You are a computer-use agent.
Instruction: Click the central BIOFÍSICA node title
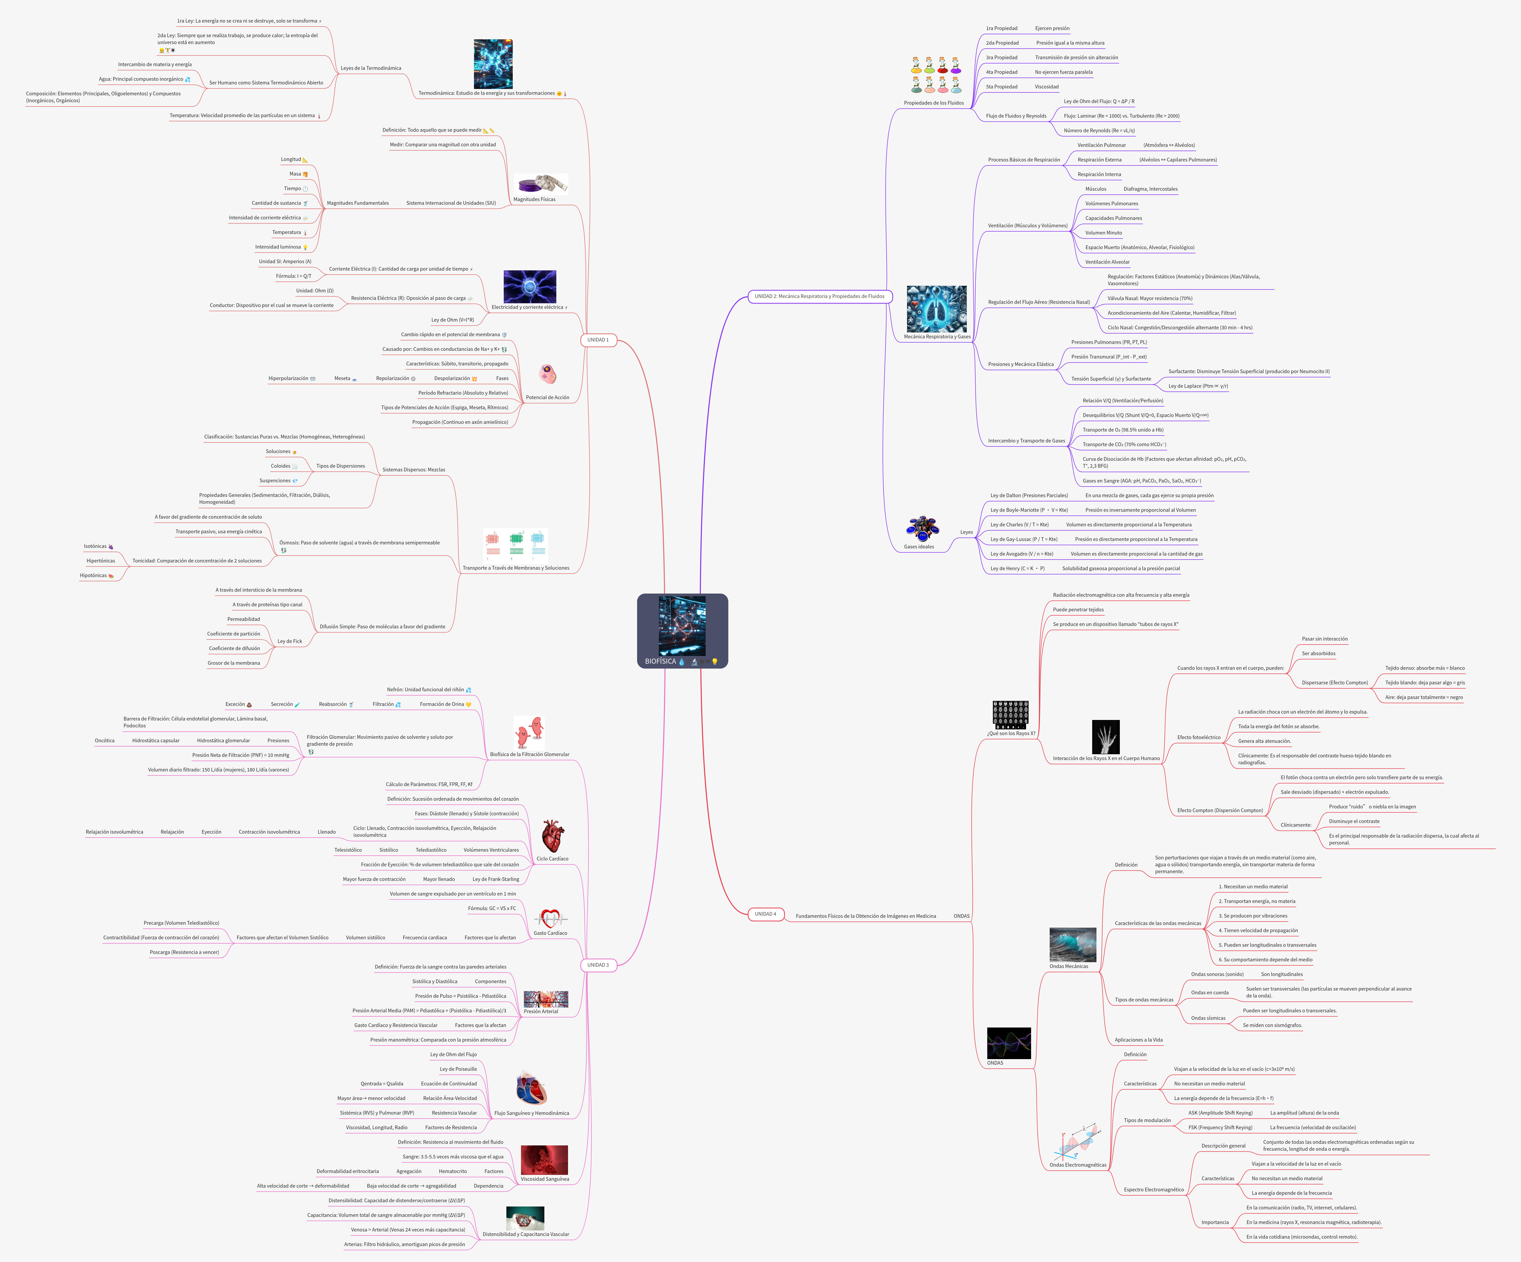(660, 661)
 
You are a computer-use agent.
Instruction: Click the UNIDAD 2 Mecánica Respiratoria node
(819, 296)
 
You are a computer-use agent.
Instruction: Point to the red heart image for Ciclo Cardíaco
(552, 836)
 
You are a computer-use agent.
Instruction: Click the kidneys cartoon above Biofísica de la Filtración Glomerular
(529, 732)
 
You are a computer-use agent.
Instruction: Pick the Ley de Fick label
(290, 641)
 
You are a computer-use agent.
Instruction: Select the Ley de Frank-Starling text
(495, 879)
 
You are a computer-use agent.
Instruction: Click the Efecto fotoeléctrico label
(1199, 737)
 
